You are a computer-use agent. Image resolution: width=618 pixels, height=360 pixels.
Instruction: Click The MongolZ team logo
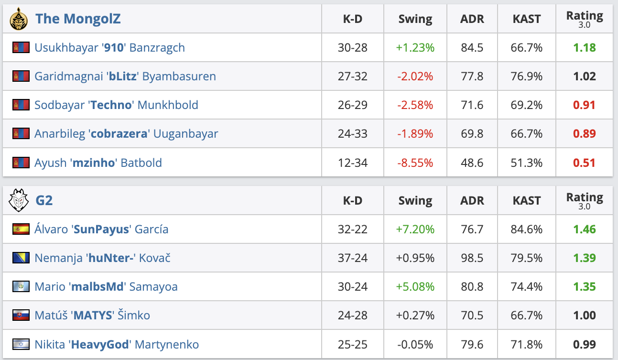pos(18,19)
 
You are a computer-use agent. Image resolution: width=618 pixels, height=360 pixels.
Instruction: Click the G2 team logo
pos(18,200)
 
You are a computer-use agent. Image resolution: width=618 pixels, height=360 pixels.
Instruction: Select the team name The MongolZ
pos(78,19)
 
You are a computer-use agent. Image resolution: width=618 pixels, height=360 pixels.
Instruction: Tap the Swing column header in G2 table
pos(415,201)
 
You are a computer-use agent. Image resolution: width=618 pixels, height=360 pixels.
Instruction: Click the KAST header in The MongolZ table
pos(526,19)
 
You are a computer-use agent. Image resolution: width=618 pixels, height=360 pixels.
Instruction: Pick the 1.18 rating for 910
pos(584,48)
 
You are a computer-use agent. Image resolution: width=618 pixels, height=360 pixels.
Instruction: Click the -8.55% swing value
pos(415,163)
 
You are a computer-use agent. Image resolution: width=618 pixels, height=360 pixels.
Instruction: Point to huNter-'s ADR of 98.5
pos(472,258)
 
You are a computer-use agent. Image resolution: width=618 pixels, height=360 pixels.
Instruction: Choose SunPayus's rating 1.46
pos(584,229)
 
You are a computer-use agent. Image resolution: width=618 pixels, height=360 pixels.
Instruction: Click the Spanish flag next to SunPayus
pos(21,229)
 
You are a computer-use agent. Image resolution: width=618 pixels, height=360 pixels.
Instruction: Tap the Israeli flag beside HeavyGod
pos(21,344)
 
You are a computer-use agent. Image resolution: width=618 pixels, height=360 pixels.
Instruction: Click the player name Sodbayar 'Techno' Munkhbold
pos(116,105)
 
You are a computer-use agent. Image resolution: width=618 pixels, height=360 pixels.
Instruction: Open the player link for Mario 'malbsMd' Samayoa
pos(106,287)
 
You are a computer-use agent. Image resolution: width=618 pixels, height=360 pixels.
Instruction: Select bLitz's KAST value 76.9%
pos(526,76)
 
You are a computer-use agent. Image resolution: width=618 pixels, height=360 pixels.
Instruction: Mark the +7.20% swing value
pos(415,229)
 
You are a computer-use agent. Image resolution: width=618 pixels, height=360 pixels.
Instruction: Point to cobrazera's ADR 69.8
pos(472,134)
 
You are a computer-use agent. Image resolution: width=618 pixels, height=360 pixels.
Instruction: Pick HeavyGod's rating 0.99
pos(584,344)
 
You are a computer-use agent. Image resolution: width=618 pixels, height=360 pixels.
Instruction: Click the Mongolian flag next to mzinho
pos(21,163)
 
